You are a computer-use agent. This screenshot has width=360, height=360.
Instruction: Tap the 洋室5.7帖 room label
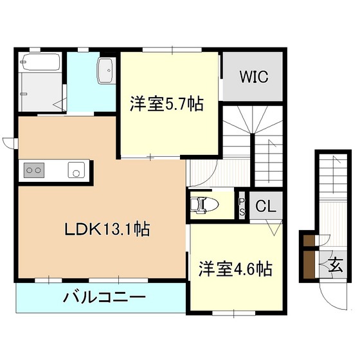[x=166, y=104]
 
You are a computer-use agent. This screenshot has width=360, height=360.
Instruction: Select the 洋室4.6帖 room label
[x=234, y=268]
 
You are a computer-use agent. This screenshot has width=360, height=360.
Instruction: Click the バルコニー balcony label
[x=104, y=298]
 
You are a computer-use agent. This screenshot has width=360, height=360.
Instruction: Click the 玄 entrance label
[x=336, y=264]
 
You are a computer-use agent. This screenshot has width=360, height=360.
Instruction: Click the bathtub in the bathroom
[x=40, y=63]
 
